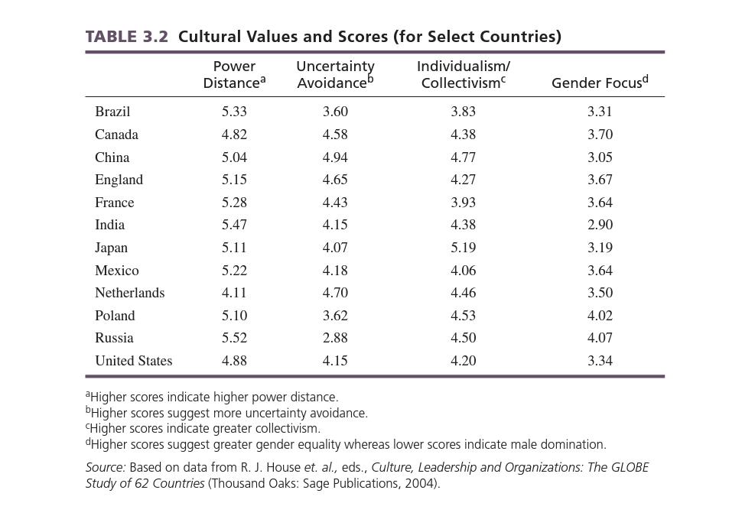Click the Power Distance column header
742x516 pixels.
234,75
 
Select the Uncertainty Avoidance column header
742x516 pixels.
335,75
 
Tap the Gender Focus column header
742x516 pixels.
600,83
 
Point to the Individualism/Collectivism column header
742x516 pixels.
464,75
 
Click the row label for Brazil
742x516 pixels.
112,112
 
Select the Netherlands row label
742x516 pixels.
129,293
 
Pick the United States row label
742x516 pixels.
134,361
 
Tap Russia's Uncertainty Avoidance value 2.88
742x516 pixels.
335,338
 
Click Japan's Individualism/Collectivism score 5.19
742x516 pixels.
464,248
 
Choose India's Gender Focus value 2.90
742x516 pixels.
600,225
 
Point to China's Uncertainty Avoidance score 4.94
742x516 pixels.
335,157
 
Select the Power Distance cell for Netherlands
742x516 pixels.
234,293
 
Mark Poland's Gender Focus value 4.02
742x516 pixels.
600,316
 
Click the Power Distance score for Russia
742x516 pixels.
234,338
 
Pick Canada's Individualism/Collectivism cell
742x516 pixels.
464,135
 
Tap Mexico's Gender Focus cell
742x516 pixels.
600,271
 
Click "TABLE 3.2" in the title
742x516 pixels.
126,37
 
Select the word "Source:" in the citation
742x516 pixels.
106,467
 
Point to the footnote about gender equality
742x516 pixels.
346,444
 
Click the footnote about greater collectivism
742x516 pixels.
203,428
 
